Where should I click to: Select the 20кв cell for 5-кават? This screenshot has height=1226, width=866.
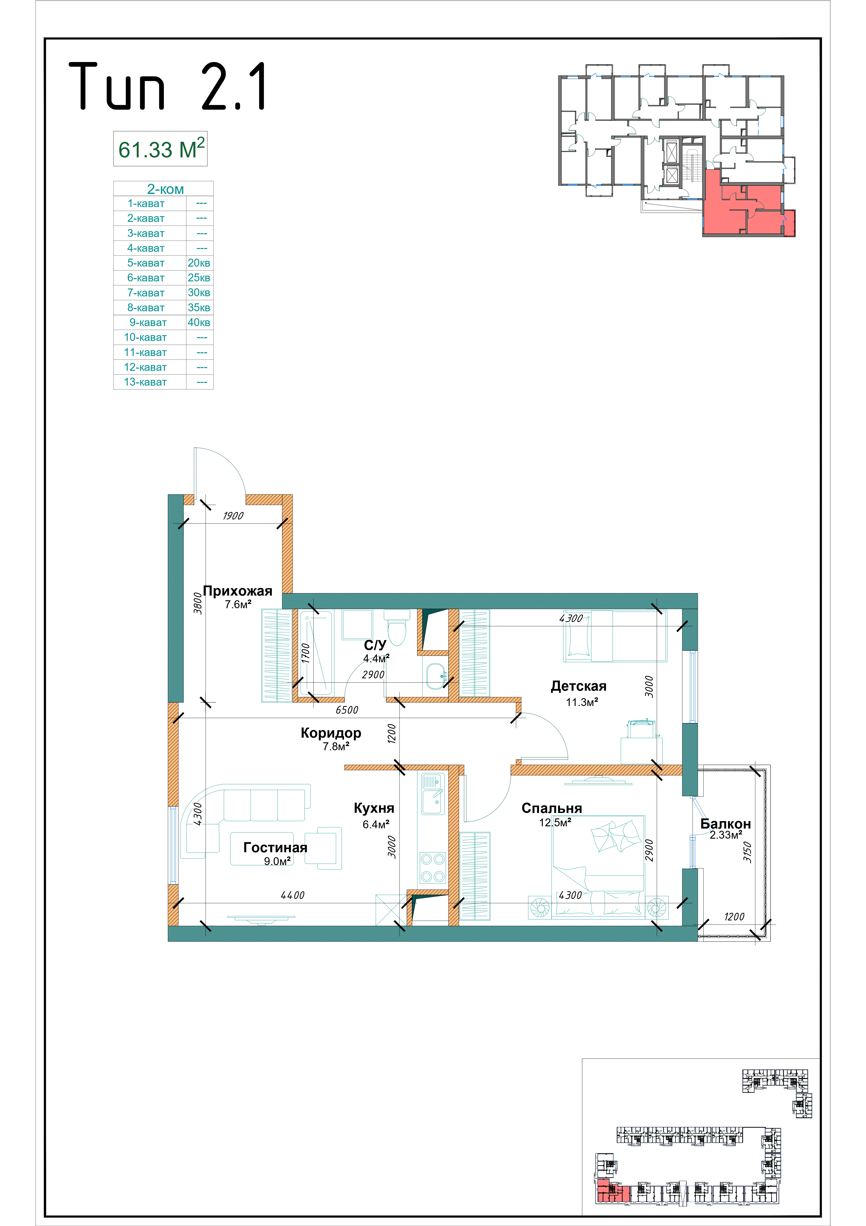coord(199,263)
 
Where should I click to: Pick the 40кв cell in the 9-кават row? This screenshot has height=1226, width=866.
coord(199,323)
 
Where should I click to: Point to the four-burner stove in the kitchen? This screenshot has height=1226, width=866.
coord(432,868)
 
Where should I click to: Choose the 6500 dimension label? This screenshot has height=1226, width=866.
coord(347,710)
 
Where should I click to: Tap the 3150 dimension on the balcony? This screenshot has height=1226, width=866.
coord(748,852)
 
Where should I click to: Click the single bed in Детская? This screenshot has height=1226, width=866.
coord(615,636)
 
